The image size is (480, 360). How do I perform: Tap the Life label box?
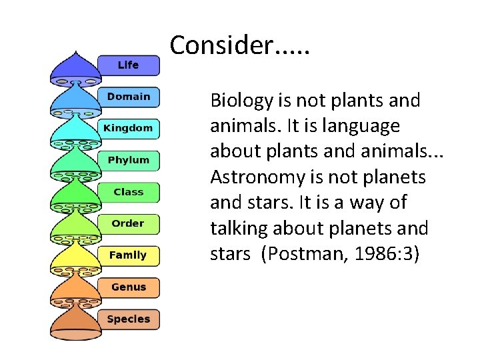point(128,65)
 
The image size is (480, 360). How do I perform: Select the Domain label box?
point(128,97)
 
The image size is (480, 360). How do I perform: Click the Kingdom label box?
point(128,128)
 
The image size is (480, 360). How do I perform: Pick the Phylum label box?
point(128,160)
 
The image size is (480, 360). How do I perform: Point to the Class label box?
point(128,192)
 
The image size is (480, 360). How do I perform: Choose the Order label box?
point(128,223)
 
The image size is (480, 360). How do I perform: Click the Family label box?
point(128,255)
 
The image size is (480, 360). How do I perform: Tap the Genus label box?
point(128,287)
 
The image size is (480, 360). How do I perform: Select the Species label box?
point(128,319)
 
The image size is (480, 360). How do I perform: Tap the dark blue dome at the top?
point(75,67)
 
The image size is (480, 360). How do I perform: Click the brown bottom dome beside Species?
point(75,323)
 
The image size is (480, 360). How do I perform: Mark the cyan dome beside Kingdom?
point(75,130)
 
